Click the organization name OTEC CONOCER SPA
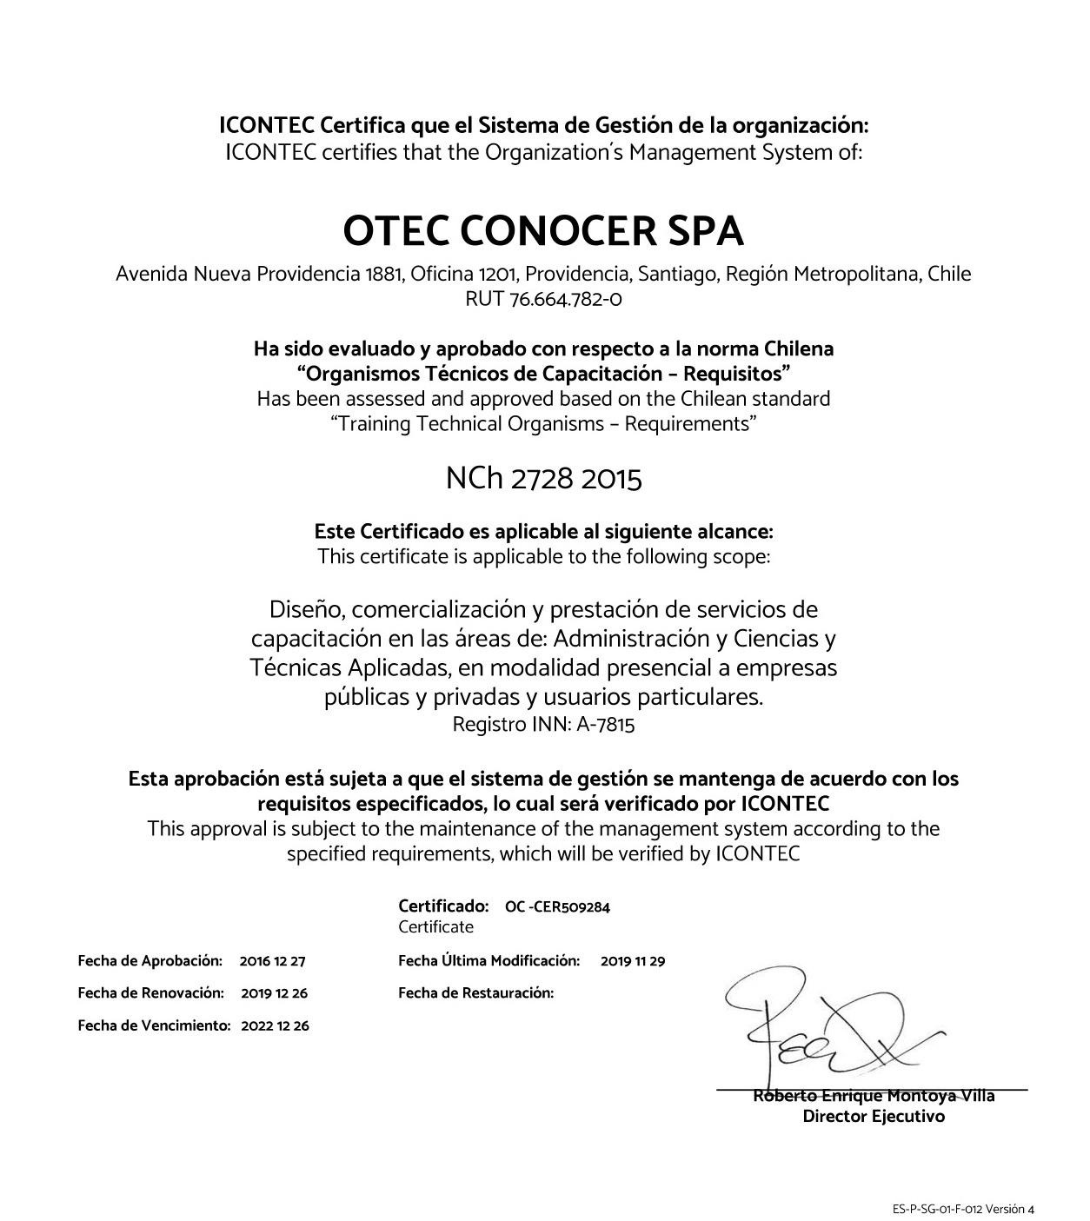pyautogui.click(x=543, y=231)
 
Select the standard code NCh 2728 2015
pyautogui.click(x=543, y=478)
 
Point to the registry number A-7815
pyautogui.click(x=605, y=724)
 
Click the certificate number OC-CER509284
pyautogui.click(x=557, y=907)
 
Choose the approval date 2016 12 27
pyautogui.click(x=272, y=961)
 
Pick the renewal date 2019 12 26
pyautogui.click(x=274, y=992)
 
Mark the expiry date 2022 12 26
pyautogui.click(x=275, y=1025)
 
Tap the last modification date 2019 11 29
pyautogui.click(x=632, y=961)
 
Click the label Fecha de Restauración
pyautogui.click(x=475, y=992)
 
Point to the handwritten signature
pyautogui.click(x=826, y=1025)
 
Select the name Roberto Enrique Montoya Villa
pyautogui.click(x=874, y=1096)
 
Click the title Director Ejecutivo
pyautogui.click(x=873, y=1117)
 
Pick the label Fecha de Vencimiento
pyautogui.click(x=154, y=1025)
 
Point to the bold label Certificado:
pyautogui.click(x=443, y=906)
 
